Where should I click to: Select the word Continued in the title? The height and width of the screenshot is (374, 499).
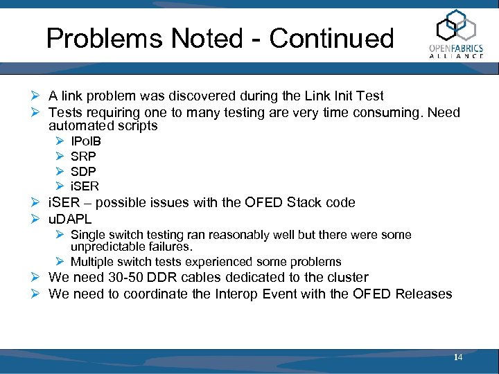pyautogui.click(x=331, y=38)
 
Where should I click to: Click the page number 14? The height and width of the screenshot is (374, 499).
pyautogui.click(x=457, y=357)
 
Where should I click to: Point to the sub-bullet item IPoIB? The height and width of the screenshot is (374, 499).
pyautogui.click(x=86, y=142)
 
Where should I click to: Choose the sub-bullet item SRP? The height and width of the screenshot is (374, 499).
pyautogui.click(x=83, y=157)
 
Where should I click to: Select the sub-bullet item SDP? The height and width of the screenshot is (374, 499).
pyautogui.click(x=83, y=171)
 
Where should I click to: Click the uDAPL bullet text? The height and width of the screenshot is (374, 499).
pyautogui.click(x=70, y=219)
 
